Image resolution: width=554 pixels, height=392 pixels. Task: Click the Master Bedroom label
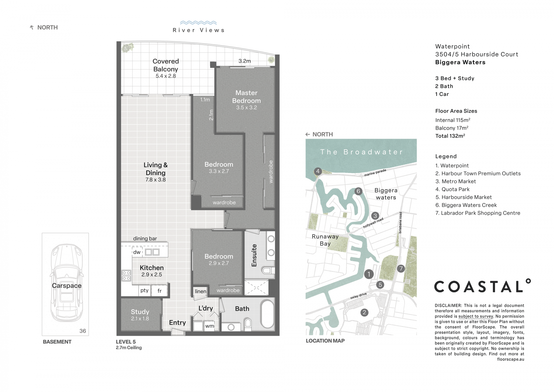pyautogui.click(x=246, y=97)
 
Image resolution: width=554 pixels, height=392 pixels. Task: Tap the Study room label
pyautogui.click(x=140, y=312)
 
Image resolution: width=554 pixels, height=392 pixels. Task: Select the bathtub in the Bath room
pyautogui.click(x=267, y=314)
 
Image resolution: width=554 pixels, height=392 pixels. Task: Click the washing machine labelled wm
pyautogui.click(x=210, y=326)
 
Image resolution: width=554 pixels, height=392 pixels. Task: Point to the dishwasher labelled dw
pyautogui.click(x=137, y=252)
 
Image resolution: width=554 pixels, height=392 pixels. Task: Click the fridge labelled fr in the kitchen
pyautogui.click(x=159, y=291)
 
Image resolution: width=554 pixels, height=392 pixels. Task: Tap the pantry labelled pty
pyautogui.click(x=144, y=290)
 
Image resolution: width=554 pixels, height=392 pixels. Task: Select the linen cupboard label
pyautogui.click(x=200, y=291)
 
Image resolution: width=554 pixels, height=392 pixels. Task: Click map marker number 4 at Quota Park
pyautogui.click(x=318, y=171)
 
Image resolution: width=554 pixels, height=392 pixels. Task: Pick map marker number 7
pyautogui.click(x=401, y=268)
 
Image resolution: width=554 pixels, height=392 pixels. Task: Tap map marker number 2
pyautogui.click(x=364, y=312)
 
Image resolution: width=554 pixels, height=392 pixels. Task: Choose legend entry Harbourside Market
pyautogui.click(x=463, y=197)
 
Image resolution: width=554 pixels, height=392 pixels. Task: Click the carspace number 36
pyautogui.click(x=83, y=331)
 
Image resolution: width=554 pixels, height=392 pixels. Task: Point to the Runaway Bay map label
pyautogui.click(x=325, y=240)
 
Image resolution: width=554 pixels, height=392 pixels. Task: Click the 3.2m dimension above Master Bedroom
pyautogui.click(x=245, y=61)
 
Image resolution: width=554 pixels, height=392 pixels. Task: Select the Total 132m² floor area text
pyautogui.click(x=450, y=136)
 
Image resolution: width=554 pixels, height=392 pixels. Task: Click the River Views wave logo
pyautogui.click(x=198, y=23)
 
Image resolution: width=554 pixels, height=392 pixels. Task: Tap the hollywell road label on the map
pyautogui.click(x=373, y=223)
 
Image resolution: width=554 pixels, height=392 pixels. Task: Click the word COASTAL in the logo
pyautogui.click(x=479, y=287)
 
